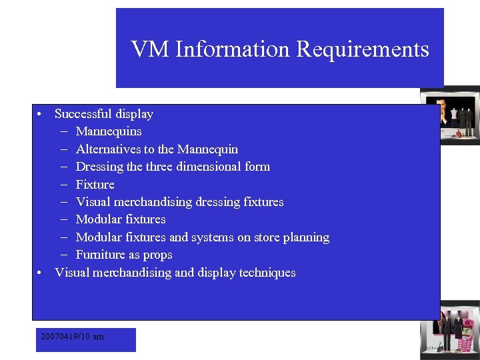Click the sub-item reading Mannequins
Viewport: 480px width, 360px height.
109,131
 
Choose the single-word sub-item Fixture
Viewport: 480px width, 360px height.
95,185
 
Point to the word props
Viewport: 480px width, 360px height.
157,255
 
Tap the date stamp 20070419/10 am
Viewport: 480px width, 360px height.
72,337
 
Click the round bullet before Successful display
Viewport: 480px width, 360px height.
41,115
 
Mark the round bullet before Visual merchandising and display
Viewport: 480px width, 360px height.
41,273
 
